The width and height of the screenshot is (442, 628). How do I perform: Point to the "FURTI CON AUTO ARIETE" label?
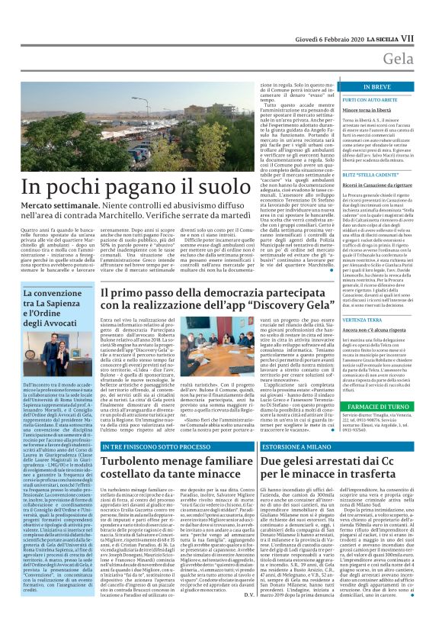(x=370, y=101)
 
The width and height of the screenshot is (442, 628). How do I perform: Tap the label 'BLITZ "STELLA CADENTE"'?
(x=368, y=175)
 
